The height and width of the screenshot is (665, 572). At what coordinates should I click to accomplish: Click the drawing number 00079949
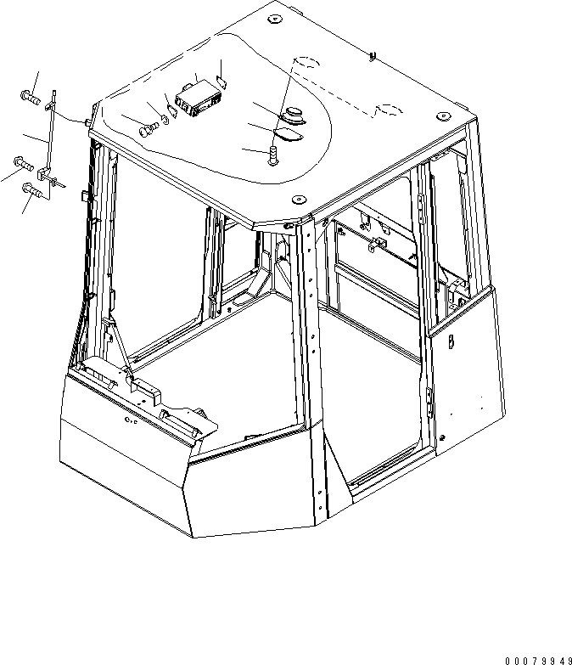[539, 661]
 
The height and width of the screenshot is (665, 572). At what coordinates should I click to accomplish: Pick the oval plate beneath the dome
[288, 135]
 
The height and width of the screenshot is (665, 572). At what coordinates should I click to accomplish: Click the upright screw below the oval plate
[273, 155]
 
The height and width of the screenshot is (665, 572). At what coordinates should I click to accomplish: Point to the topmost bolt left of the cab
[30, 98]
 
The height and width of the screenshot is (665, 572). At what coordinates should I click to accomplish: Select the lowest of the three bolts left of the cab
[32, 189]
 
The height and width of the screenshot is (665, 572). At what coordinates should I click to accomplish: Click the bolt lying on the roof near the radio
[149, 130]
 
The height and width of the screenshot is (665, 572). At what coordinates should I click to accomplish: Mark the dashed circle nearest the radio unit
[306, 62]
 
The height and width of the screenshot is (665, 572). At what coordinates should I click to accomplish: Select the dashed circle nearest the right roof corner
[390, 110]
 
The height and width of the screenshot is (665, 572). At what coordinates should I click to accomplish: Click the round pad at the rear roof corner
[274, 19]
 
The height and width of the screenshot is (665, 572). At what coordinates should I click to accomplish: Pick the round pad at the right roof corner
[443, 116]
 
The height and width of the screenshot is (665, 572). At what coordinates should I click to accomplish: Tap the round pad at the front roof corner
[299, 199]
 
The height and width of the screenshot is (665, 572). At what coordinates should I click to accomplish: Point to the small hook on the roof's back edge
[373, 56]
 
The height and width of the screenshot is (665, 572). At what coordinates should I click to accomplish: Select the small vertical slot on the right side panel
[451, 341]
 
